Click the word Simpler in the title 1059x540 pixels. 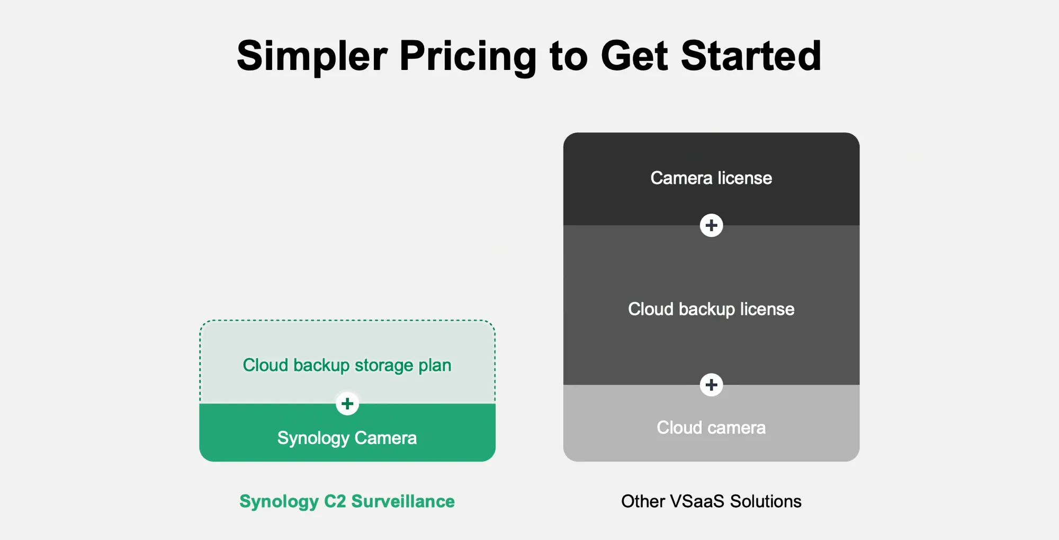[x=312, y=56]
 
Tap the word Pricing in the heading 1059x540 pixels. [x=468, y=56]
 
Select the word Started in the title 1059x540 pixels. [x=751, y=56]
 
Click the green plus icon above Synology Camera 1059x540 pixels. [x=347, y=404]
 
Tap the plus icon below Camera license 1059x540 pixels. [x=711, y=226]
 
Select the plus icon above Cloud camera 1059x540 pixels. [x=711, y=385]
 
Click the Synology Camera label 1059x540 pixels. [x=347, y=438]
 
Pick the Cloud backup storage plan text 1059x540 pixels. [x=347, y=365]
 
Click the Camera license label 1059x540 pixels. [x=711, y=178]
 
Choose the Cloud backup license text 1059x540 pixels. [x=711, y=309]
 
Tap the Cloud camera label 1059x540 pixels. [x=711, y=428]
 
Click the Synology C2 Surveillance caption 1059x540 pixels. [x=347, y=501]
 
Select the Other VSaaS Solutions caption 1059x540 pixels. [x=711, y=501]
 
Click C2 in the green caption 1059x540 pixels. [x=335, y=501]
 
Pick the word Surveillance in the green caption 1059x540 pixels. [x=403, y=501]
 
